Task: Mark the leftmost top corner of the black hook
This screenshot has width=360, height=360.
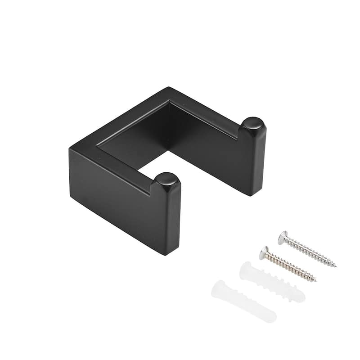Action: point(70,149)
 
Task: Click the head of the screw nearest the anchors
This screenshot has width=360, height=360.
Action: point(264,253)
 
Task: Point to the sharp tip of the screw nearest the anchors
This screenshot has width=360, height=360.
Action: point(316,282)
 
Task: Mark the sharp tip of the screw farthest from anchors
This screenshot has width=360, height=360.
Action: point(336,266)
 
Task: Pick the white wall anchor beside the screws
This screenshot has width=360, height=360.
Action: point(273,282)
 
